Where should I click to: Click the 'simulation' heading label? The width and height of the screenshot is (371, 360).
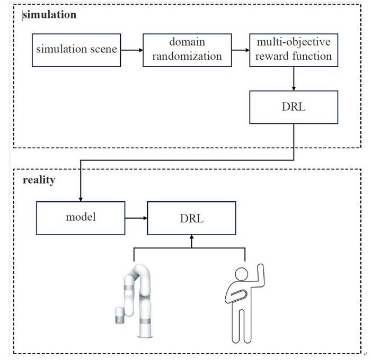coord(50,15)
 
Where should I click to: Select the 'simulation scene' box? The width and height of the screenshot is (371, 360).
coord(75,50)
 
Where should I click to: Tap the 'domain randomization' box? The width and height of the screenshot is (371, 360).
coord(188,50)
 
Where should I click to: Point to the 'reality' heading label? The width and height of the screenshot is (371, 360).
coord(39,180)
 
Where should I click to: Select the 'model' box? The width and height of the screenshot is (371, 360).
coord(81,218)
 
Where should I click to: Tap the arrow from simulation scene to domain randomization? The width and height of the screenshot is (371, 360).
coord(130,50)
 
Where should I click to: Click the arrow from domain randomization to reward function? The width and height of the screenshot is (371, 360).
coord(241,50)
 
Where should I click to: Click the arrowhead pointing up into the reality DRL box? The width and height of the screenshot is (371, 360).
coord(191,239)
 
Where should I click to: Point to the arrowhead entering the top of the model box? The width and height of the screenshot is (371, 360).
coord(81,198)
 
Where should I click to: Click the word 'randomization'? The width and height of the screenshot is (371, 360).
coord(188,56)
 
